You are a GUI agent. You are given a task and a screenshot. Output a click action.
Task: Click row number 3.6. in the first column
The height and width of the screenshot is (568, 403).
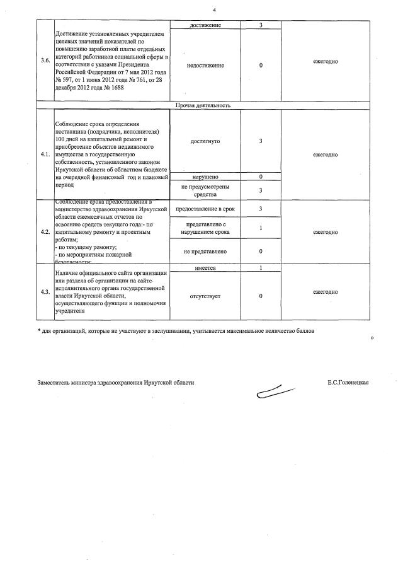tap(45, 61)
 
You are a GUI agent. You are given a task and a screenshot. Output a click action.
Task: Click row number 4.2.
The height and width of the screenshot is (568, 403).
tap(45, 232)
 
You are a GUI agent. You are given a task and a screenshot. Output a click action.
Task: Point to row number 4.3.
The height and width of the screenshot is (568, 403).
tap(45, 292)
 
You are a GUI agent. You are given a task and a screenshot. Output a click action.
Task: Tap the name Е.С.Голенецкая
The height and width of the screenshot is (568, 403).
tap(348, 383)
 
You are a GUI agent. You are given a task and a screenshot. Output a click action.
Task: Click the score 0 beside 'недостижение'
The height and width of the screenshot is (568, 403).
tap(260, 66)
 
